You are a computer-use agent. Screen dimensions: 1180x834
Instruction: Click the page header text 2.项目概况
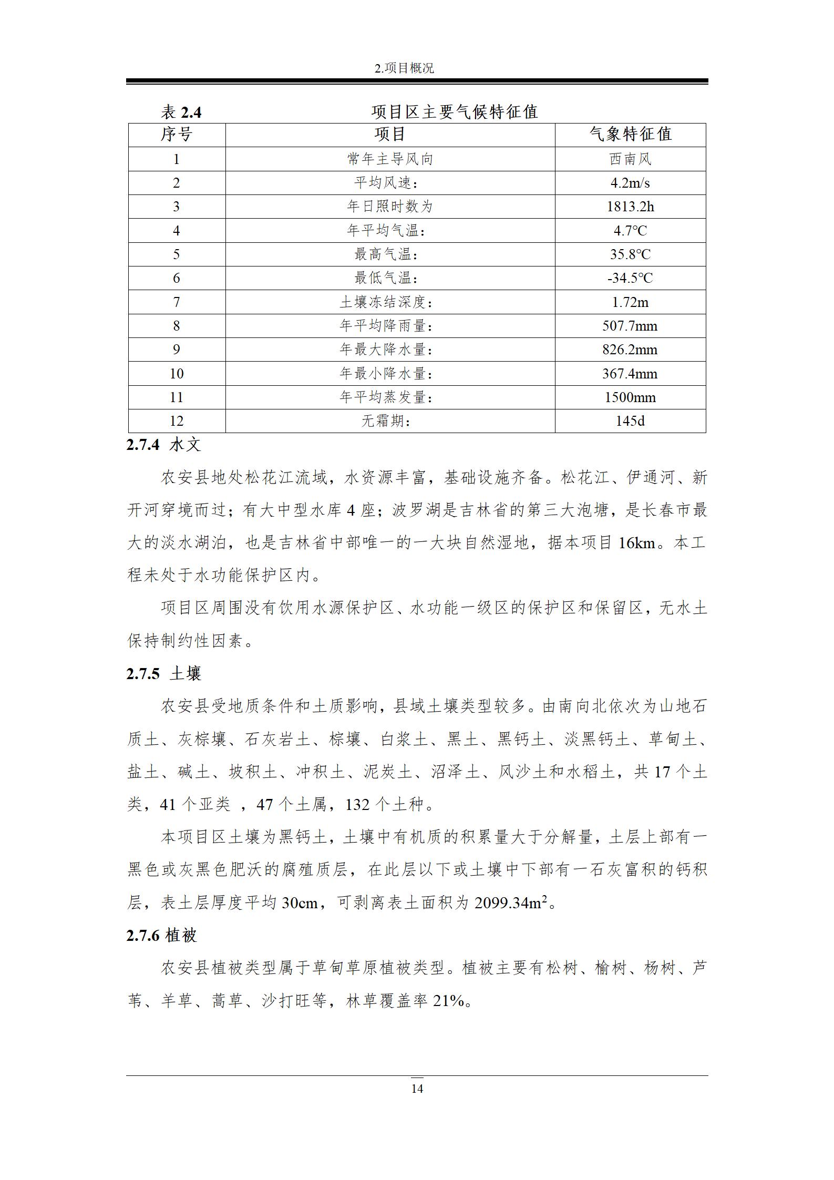404,68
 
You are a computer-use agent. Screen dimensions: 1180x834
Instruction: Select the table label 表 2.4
181,112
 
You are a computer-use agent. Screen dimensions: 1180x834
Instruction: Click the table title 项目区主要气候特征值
454,112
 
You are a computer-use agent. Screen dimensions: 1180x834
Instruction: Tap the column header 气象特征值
630,135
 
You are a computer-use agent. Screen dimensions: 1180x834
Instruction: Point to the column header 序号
177,135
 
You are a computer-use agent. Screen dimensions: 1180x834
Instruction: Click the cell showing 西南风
630,159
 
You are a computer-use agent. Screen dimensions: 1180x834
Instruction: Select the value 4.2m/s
630,183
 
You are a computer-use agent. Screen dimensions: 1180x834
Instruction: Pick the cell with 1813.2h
630,207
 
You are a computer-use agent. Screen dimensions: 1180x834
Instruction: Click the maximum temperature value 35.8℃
630,254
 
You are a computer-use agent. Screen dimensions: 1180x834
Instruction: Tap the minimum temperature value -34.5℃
630,278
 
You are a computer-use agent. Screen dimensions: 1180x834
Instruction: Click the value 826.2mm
630,350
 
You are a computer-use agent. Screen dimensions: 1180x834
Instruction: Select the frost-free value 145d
630,421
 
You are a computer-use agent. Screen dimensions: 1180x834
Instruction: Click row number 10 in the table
177,374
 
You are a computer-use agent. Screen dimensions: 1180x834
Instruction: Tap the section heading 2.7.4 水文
164,445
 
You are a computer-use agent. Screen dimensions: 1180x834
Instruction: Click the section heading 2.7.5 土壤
164,674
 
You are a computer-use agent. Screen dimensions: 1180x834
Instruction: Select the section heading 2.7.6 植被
162,936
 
